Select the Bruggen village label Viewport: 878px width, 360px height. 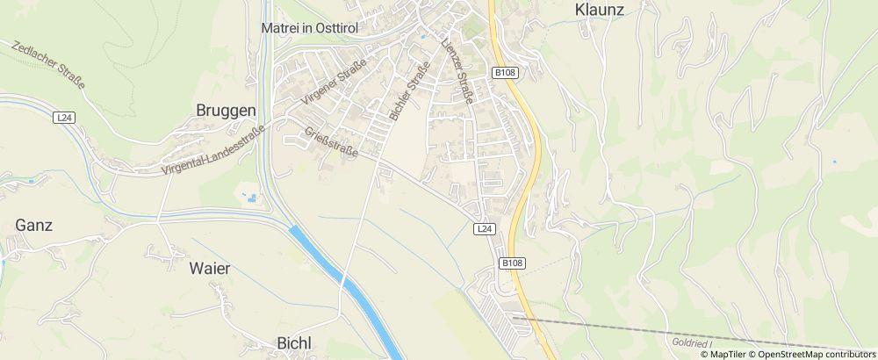(x=226, y=111)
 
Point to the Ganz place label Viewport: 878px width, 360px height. (x=34, y=225)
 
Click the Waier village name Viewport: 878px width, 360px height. (x=210, y=269)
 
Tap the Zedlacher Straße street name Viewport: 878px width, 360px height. (x=49, y=64)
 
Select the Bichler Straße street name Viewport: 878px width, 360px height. (x=409, y=90)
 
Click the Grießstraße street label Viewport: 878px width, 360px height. (x=331, y=143)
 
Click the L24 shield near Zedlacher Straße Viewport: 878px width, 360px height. (x=63, y=117)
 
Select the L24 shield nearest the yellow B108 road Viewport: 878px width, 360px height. (x=486, y=228)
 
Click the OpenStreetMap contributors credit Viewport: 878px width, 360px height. (x=817, y=354)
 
